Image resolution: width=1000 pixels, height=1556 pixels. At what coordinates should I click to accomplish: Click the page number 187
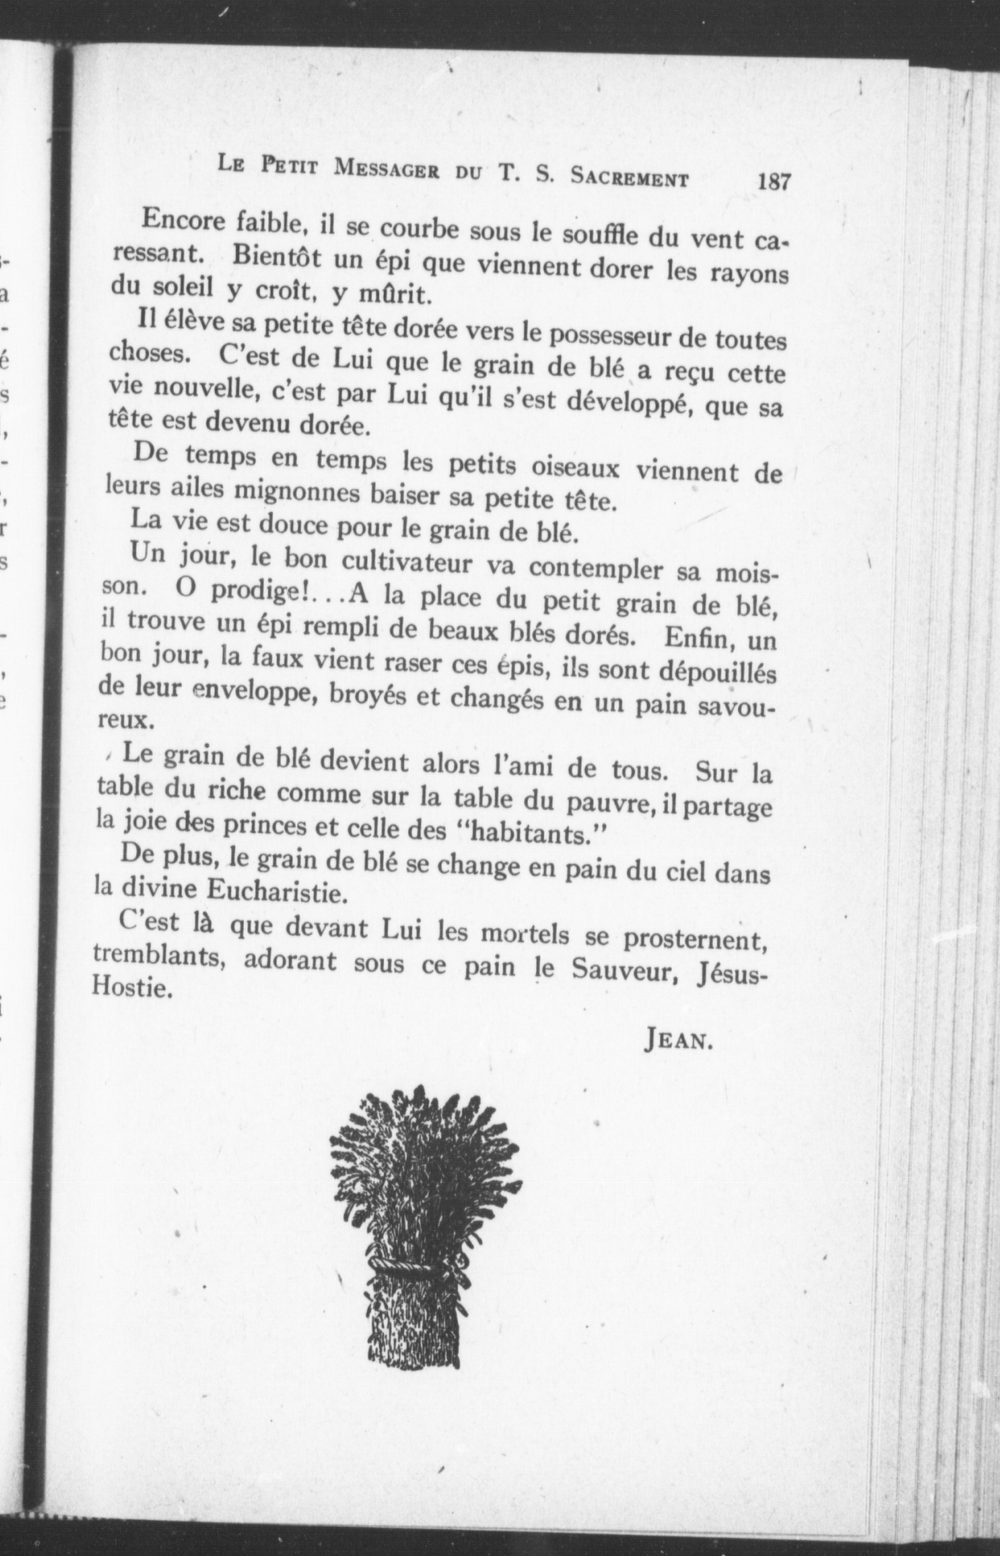[773, 181]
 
